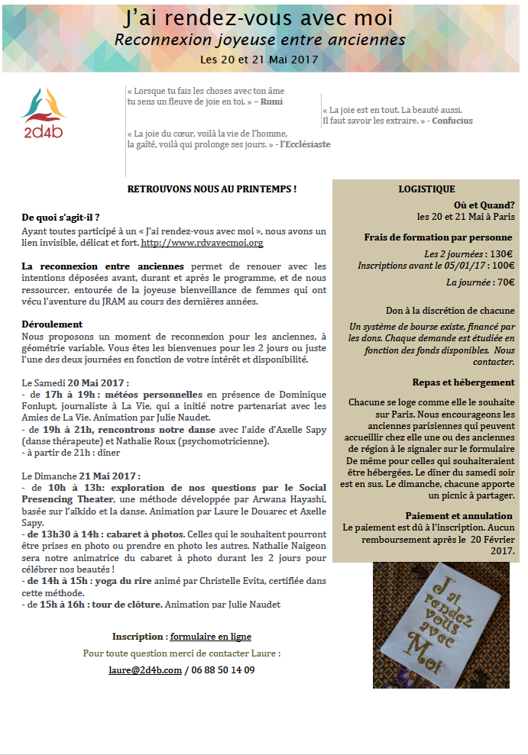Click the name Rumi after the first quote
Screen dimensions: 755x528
(x=270, y=101)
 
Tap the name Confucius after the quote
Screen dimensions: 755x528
(x=452, y=121)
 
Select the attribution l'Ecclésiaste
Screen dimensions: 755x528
(x=305, y=144)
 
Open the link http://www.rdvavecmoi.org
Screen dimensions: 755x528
(x=202, y=243)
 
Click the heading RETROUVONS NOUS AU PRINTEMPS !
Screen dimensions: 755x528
(x=212, y=189)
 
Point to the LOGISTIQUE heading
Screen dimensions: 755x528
(x=426, y=189)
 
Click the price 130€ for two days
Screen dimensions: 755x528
(x=501, y=254)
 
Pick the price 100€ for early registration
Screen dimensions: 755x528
(x=501, y=266)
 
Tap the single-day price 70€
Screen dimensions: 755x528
(x=503, y=282)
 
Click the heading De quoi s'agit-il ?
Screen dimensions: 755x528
(x=60, y=218)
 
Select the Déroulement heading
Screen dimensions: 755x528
(x=52, y=324)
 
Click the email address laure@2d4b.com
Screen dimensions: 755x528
(x=145, y=670)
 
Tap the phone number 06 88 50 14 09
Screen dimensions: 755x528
(x=222, y=670)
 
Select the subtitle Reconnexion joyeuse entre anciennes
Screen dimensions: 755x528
(x=260, y=39)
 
